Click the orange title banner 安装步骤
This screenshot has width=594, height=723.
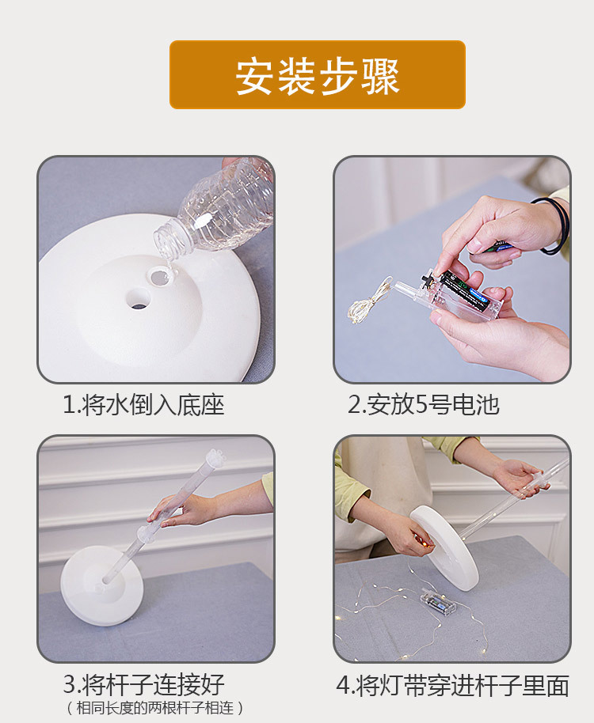tap(318, 74)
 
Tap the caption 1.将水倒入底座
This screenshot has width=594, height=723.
tap(143, 405)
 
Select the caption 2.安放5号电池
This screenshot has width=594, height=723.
tap(423, 404)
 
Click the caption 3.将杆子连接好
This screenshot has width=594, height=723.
tap(143, 684)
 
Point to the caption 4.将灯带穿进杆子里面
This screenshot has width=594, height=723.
tap(453, 686)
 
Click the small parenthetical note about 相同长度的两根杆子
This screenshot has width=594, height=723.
tap(154, 707)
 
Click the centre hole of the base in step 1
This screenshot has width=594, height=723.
tap(138, 299)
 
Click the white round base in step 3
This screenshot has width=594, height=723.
tap(101, 585)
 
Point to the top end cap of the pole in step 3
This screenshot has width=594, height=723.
tap(215, 457)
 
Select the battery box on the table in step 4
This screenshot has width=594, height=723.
tap(438, 601)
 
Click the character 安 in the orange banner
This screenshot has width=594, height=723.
tap(254, 76)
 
